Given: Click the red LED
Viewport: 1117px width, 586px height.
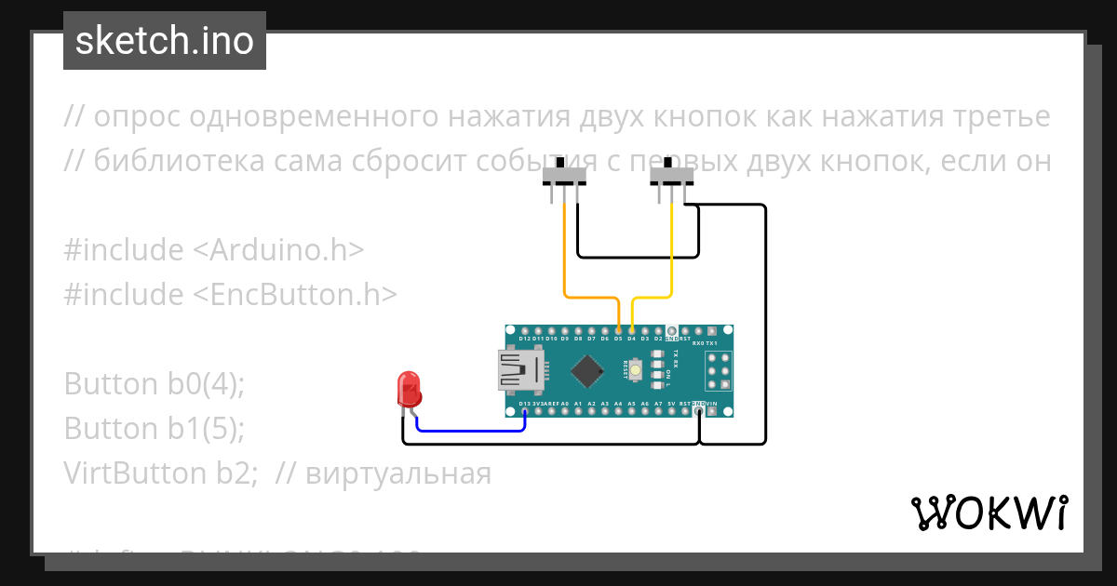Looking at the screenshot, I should click(x=409, y=389).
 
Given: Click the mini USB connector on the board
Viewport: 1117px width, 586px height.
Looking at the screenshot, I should click(x=519, y=370).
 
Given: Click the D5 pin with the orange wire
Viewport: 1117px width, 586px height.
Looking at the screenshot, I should click(x=619, y=330).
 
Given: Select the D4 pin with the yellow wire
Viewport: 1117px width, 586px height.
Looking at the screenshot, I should click(x=632, y=330).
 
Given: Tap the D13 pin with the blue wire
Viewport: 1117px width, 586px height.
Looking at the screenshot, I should click(x=525, y=411).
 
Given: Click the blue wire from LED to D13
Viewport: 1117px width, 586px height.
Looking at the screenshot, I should click(x=470, y=431).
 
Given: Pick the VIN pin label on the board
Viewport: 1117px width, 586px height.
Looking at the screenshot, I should click(x=712, y=404).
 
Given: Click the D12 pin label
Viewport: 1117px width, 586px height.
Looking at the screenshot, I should click(x=525, y=339).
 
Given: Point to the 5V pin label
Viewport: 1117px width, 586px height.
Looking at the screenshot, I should click(x=671, y=404).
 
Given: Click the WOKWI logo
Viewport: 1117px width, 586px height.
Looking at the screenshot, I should click(x=989, y=513).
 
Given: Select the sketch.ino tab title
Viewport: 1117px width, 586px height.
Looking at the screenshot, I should click(x=165, y=41).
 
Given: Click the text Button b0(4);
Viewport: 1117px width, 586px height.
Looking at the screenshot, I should click(x=155, y=383).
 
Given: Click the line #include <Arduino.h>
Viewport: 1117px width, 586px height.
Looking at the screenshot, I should click(x=214, y=250).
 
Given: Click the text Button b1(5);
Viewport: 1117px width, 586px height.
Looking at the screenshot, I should click(x=155, y=428).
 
